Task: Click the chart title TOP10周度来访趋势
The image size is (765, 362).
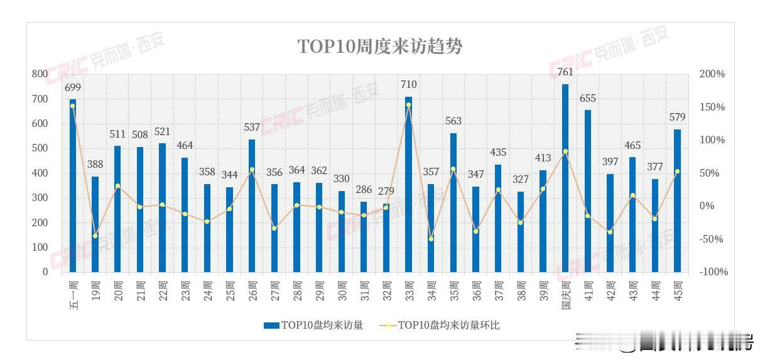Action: tap(379, 47)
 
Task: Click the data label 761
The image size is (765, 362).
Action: tap(565, 72)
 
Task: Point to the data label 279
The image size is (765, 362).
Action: tap(386, 191)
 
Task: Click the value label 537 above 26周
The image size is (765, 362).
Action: tap(252, 128)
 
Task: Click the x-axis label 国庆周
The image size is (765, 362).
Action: tap(565, 293)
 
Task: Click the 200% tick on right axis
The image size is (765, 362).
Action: tap(712, 74)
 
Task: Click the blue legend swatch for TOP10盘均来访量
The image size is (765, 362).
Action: tap(271, 325)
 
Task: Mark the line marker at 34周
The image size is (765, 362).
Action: tap(431, 239)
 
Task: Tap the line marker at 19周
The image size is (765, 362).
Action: tap(95, 236)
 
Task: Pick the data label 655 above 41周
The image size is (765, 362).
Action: tap(588, 99)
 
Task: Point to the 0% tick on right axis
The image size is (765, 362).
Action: tap(707, 206)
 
